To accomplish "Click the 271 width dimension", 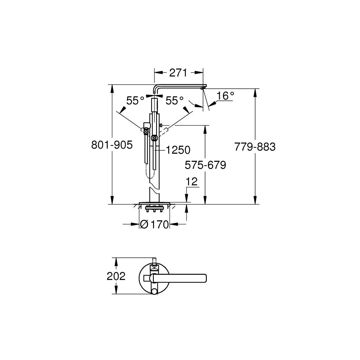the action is coord(178,73).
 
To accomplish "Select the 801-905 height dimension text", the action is coord(112,145).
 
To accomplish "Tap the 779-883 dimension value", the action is coord(255,147).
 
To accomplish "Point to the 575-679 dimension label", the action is coord(205,165).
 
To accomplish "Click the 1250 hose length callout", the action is coord(178,150).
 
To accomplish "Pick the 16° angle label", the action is coord(225,96).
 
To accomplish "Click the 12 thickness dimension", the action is coord(192,182).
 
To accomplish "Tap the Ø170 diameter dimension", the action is coord(154,224).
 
